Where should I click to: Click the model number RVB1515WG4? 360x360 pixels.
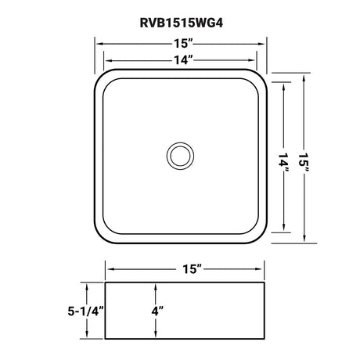tap(182, 23)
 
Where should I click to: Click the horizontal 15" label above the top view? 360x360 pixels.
tap(183, 43)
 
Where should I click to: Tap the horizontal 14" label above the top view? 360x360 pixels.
tap(183, 60)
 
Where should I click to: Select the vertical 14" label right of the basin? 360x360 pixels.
tap(283, 164)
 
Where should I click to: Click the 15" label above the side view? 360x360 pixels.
tap(193, 269)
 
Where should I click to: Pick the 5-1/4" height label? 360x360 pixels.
tap(86, 311)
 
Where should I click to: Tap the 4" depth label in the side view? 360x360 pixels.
tap(157, 311)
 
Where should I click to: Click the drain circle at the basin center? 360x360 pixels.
tap(180, 156)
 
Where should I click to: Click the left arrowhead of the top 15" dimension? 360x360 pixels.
tap(100, 44)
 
